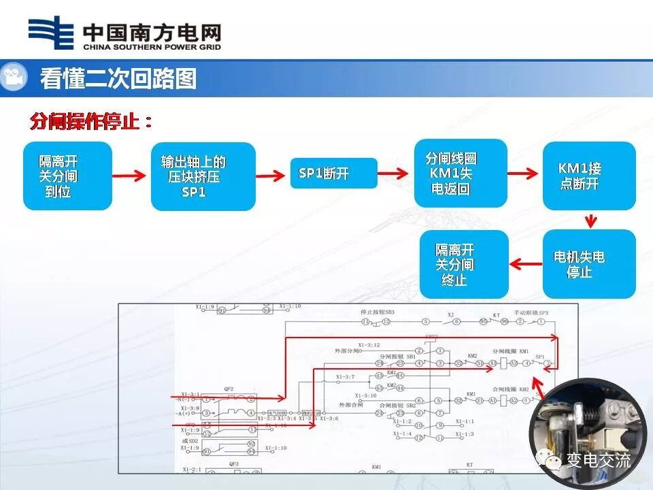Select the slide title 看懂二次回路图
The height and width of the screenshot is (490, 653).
[x=118, y=78]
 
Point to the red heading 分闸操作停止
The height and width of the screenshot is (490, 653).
[x=91, y=122]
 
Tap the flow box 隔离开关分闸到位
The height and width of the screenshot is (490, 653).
[x=67, y=176]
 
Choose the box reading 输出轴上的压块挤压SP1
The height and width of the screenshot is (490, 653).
[x=203, y=176]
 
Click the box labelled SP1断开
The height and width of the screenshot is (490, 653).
[x=333, y=174]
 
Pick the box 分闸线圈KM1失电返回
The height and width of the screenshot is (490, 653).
[x=461, y=173]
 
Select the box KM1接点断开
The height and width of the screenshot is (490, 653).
[x=588, y=176]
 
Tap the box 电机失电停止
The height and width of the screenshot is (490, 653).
[x=588, y=264]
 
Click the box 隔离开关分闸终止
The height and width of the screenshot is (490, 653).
[x=463, y=264]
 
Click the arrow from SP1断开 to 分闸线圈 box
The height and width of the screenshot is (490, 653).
[x=396, y=174]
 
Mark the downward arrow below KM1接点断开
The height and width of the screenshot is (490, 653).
[x=590, y=220]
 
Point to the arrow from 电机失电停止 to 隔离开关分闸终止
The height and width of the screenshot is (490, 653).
[x=525, y=264]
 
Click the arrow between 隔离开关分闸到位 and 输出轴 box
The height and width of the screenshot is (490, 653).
[x=131, y=176]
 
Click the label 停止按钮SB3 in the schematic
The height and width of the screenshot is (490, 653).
[x=377, y=312]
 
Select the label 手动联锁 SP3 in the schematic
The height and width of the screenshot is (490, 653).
[x=531, y=312]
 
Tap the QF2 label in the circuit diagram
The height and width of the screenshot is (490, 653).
[x=229, y=389]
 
